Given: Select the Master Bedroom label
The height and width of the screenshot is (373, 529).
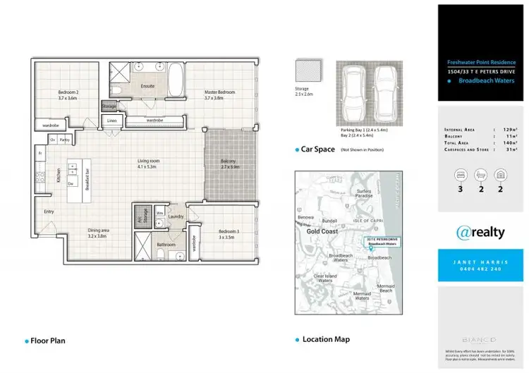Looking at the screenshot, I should click(x=219, y=92).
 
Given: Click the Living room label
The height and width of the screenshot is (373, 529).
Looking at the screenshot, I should click(x=148, y=161).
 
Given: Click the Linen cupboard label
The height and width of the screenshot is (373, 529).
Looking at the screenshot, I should click(x=111, y=121).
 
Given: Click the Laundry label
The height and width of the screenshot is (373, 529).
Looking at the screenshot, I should click(x=176, y=216).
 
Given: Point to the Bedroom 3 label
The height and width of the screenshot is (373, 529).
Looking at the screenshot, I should click(x=229, y=232).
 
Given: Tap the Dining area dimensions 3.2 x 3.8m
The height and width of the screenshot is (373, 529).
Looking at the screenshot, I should click(x=97, y=236).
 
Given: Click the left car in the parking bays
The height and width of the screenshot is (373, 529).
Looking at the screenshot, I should click(x=351, y=94).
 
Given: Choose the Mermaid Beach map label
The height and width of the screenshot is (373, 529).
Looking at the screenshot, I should click(x=385, y=288).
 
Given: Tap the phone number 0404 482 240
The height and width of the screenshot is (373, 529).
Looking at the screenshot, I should click(x=482, y=269).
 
